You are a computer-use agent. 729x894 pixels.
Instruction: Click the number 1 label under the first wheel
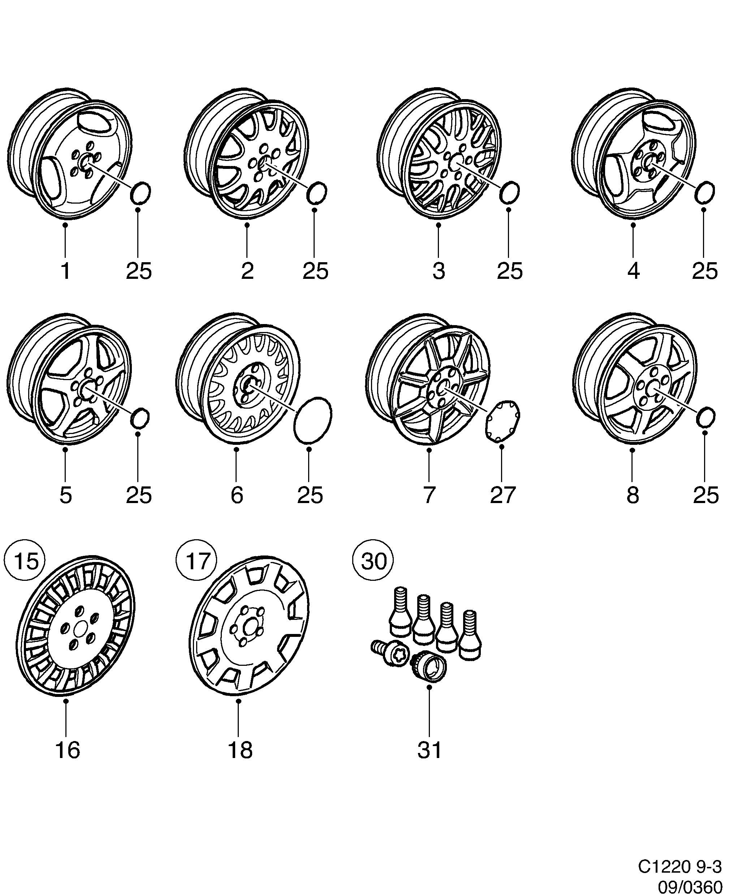65,272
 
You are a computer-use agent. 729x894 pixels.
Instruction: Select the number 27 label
502,495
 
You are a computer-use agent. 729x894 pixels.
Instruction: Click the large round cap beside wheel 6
312,420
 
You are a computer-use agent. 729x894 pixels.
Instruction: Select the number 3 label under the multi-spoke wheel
439,272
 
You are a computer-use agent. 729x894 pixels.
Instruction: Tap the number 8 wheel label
633,495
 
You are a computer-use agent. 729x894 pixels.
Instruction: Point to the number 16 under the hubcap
67,750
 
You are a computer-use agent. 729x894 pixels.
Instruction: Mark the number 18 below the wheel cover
240,750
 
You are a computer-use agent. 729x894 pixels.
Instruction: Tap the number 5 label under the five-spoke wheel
65,495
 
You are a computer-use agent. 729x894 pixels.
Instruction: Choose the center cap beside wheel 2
317,193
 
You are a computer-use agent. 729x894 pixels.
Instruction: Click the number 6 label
237,495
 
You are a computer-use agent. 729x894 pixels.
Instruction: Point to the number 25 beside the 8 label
706,495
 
